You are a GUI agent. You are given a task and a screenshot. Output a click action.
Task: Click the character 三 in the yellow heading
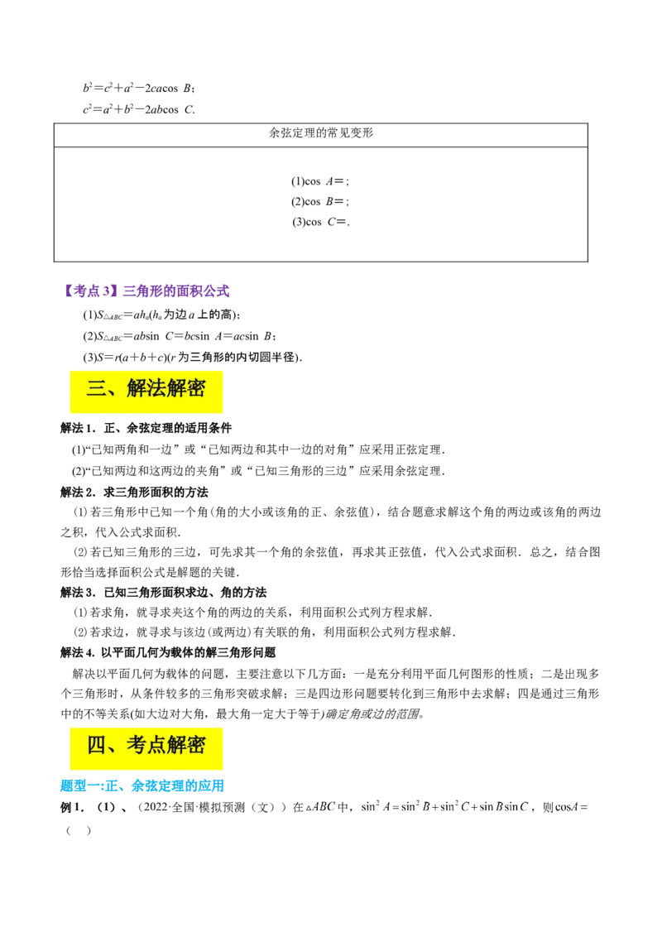coord(97,389)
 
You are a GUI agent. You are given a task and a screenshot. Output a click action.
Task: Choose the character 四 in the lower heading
coord(97,746)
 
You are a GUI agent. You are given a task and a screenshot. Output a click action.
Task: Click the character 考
coord(137,746)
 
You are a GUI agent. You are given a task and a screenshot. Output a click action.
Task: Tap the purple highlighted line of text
coord(146,290)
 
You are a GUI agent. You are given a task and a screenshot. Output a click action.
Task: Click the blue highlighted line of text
coord(142,785)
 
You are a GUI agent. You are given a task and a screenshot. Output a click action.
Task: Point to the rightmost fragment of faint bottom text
coord(571,808)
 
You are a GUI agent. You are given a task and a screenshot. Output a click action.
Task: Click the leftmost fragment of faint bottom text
coord(318,808)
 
